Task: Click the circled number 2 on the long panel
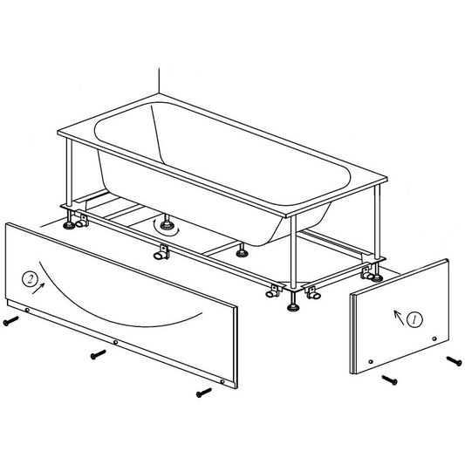point(30,279)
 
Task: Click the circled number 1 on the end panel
point(414,319)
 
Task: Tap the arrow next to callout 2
point(38,289)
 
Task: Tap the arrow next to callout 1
point(399,318)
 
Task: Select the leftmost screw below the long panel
point(11,321)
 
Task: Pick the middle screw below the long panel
point(99,354)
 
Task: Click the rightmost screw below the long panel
point(204,393)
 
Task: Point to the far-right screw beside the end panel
point(454,361)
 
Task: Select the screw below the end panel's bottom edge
point(389,380)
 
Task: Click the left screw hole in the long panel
point(27,311)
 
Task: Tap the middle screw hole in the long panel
point(116,343)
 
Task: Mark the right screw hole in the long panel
point(222,381)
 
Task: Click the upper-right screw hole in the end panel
point(434,338)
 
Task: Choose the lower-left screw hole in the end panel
point(371,362)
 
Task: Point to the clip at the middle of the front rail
point(162,251)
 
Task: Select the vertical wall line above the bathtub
point(159,80)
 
